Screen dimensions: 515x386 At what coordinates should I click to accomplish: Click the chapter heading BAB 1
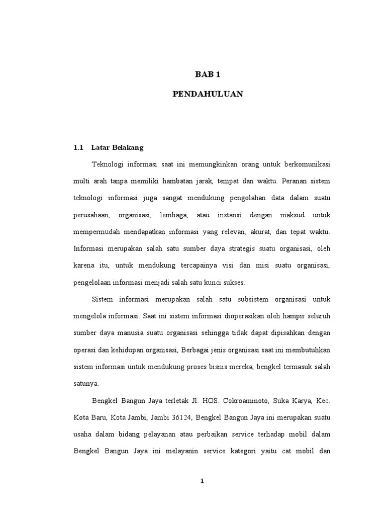coord(208,75)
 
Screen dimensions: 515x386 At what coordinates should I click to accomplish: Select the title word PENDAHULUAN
coord(208,94)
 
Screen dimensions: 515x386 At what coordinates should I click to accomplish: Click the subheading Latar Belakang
coord(117,147)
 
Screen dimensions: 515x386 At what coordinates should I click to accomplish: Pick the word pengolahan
coord(243,198)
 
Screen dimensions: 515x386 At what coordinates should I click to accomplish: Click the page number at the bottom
coord(202,481)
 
